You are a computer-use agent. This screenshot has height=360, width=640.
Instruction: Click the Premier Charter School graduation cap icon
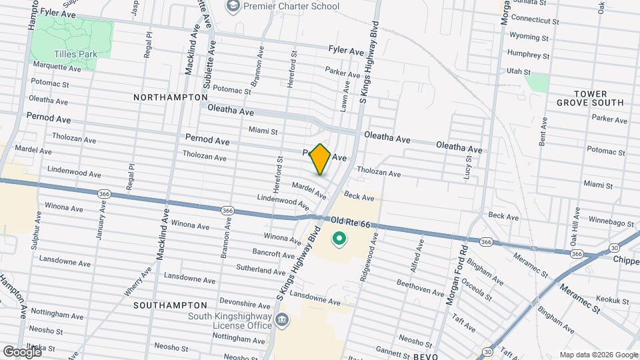point(233,7)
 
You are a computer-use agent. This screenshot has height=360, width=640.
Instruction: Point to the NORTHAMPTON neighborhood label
point(170,97)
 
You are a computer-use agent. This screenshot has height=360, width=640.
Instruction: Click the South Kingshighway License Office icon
point(282,321)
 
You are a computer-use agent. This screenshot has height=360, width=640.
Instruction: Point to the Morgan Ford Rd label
point(459,273)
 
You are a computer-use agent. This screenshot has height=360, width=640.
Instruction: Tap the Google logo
point(21,351)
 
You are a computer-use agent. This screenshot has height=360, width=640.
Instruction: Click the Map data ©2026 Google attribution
point(598,355)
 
